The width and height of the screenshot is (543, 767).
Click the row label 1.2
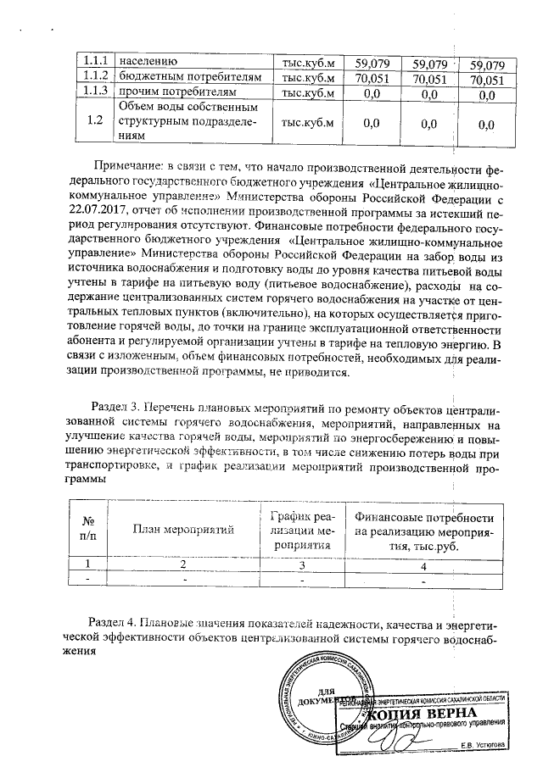95,121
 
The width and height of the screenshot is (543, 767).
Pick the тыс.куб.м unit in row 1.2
308,121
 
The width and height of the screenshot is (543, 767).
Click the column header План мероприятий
183,530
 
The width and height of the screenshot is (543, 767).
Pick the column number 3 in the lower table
300,564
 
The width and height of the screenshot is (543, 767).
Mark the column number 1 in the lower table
87,564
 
